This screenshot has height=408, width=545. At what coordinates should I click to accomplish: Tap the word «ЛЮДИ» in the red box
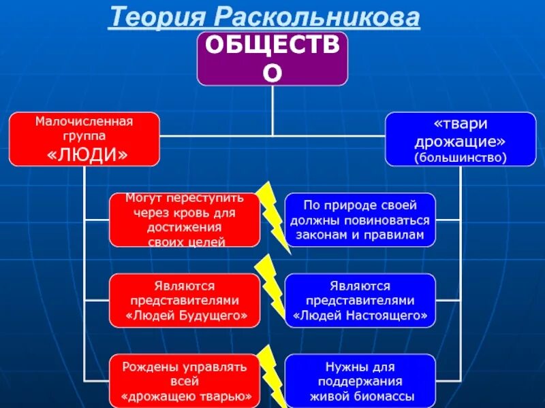(87, 155)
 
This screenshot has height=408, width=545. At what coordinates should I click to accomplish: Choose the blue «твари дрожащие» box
(461, 139)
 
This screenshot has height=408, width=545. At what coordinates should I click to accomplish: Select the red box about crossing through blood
(185, 220)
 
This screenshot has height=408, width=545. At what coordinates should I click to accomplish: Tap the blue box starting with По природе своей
(360, 220)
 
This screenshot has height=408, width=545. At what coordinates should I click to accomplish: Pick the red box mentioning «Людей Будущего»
(185, 300)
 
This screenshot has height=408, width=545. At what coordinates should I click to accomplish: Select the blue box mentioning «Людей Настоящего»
(360, 300)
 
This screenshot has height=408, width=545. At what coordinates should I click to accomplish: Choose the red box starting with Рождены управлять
(185, 380)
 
